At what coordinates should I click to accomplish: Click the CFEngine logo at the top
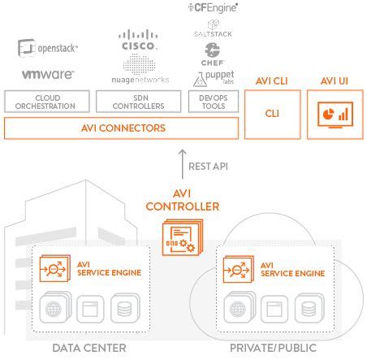(x=213, y=7)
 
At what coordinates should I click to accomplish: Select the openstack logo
(x=48, y=48)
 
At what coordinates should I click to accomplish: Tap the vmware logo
(x=48, y=74)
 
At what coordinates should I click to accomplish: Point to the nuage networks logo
(x=140, y=79)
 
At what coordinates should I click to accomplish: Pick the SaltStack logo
(x=213, y=34)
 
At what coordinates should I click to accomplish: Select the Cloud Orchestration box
(x=48, y=102)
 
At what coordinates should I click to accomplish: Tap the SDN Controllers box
(x=139, y=102)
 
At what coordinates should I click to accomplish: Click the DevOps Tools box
(x=213, y=102)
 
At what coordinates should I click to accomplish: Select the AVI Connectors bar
(x=123, y=128)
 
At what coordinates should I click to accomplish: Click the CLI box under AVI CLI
(x=271, y=115)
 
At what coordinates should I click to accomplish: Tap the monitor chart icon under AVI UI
(x=335, y=115)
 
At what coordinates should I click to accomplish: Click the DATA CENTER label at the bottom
(x=89, y=349)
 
